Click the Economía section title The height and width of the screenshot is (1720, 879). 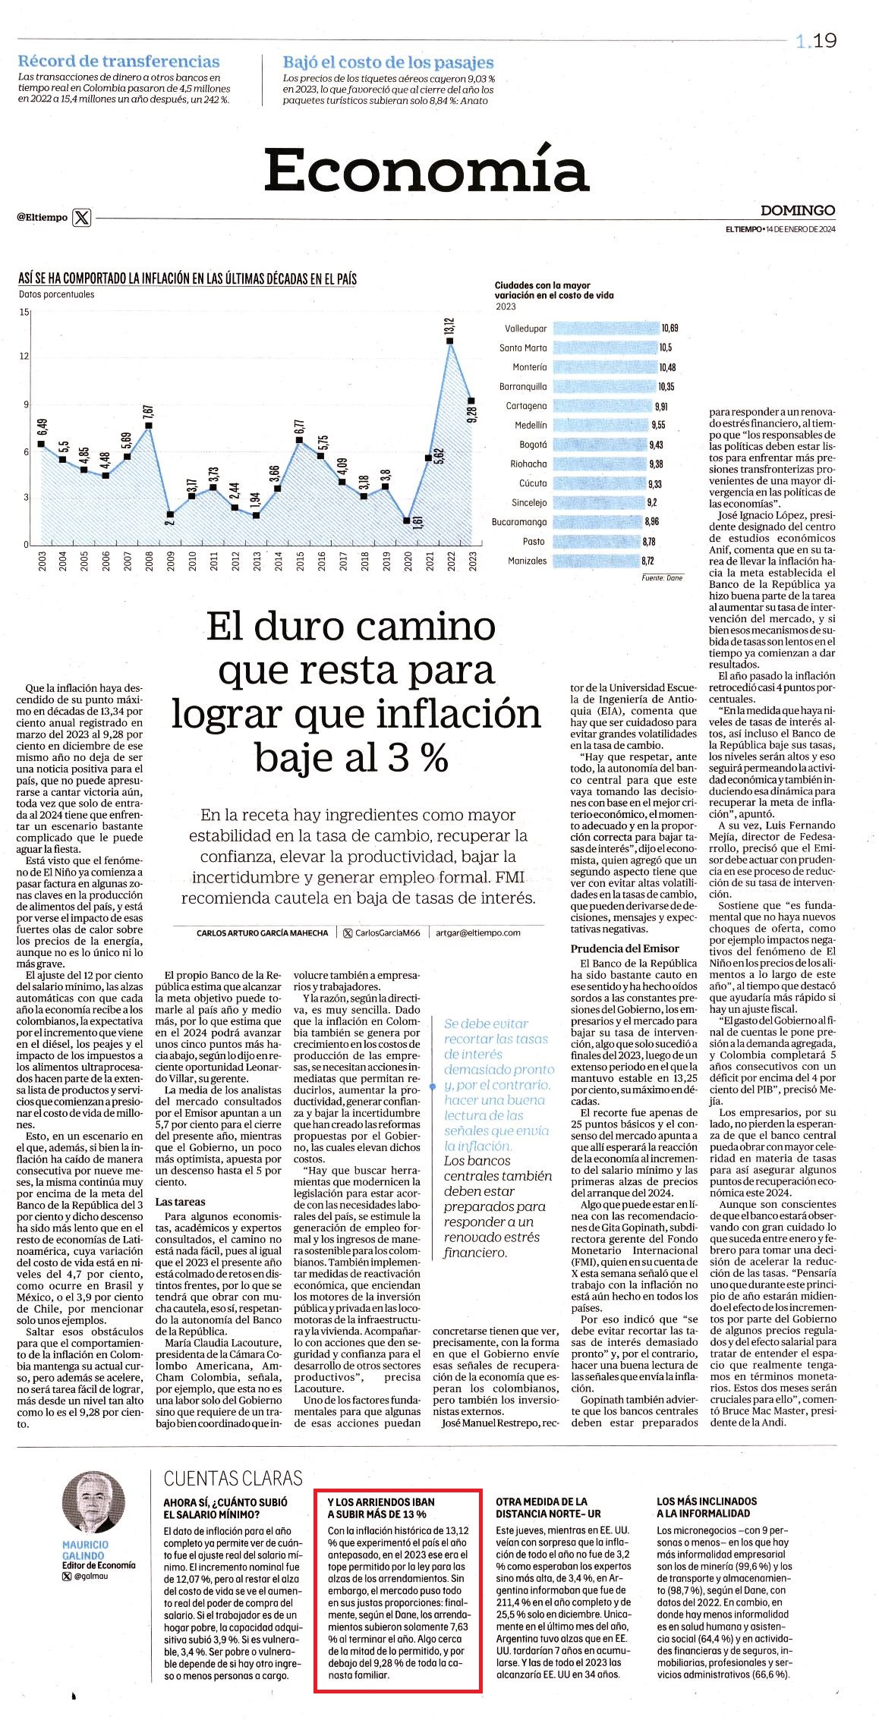pos(427,168)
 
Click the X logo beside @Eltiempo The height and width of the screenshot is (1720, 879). pos(82,218)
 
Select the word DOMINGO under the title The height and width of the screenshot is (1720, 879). pos(798,210)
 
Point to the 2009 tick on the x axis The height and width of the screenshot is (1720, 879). pos(171,561)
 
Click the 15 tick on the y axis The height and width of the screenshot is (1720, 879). pos(24,312)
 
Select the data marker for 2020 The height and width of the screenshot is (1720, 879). pos(408,520)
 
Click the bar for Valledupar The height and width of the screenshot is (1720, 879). pos(605,329)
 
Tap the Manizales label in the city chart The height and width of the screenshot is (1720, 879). pos(527,561)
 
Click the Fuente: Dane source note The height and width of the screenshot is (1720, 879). pos(663,577)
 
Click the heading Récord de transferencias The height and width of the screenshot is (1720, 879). pos(118,61)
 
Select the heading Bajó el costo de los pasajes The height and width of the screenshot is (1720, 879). pos(389,62)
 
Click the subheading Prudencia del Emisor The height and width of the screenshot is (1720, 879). pos(625,948)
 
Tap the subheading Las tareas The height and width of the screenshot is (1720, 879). pos(180,1201)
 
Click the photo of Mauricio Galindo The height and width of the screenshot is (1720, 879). pos(93,1503)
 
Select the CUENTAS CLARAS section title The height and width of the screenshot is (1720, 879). pos(233,1477)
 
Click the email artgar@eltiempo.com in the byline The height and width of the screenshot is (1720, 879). pos(478,932)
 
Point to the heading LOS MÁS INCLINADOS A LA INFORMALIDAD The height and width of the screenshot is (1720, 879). pos(707,1507)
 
